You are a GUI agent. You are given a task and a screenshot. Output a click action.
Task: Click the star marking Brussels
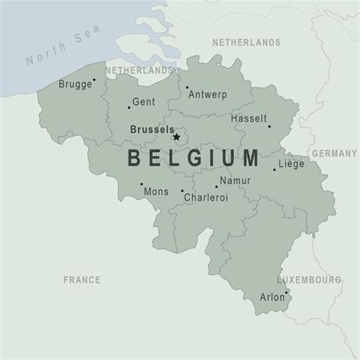pyautogui.click(x=177, y=137)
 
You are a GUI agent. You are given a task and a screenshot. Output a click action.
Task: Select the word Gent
pyautogui.click(x=143, y=101)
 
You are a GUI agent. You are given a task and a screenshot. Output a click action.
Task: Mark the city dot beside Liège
pyautogui.click(x=275, y=169)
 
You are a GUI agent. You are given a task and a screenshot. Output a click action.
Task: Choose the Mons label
pyautogui.click(x=156, y=191)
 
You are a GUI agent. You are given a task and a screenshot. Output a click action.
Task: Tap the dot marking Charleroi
pyautogui.click(x=182, y=191)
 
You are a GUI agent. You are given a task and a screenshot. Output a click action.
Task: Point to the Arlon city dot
pyautogui.click(x=286, y=292)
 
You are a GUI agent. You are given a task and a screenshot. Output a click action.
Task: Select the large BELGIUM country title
pyautogui.click(x=192, y=159)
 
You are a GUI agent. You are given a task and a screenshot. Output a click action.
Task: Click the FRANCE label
pyautogui.click(x=81, y=280)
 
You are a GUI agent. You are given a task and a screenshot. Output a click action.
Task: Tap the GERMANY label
pyautogui.click(x=333, y=153)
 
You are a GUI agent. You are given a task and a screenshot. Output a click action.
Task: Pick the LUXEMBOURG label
pyautogui.click(x=309, y=280)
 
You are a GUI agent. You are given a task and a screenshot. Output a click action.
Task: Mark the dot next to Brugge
pyautogui.click(x=94, y=79)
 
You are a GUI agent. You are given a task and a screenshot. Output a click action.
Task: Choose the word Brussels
pyautogui.click(x=151, y=129)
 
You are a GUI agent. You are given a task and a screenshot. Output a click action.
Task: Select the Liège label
pyautogui.click(x=293, y=163)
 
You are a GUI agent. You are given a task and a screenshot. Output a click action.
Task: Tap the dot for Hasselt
pyautogui.click(x=268, y=126)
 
